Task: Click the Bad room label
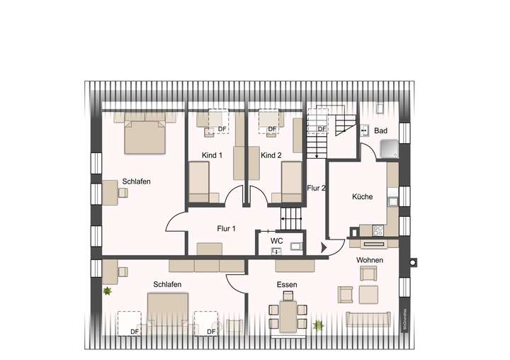381,131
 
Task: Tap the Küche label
362,197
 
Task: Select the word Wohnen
370,260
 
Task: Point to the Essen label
287,285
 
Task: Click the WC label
276,241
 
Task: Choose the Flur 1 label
226,228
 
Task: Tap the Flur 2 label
316,189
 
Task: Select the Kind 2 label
271,155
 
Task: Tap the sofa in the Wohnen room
368,319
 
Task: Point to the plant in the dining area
319,325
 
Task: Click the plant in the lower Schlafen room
108,291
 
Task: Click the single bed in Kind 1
199,181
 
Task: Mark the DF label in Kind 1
222,128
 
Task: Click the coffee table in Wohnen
368,293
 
